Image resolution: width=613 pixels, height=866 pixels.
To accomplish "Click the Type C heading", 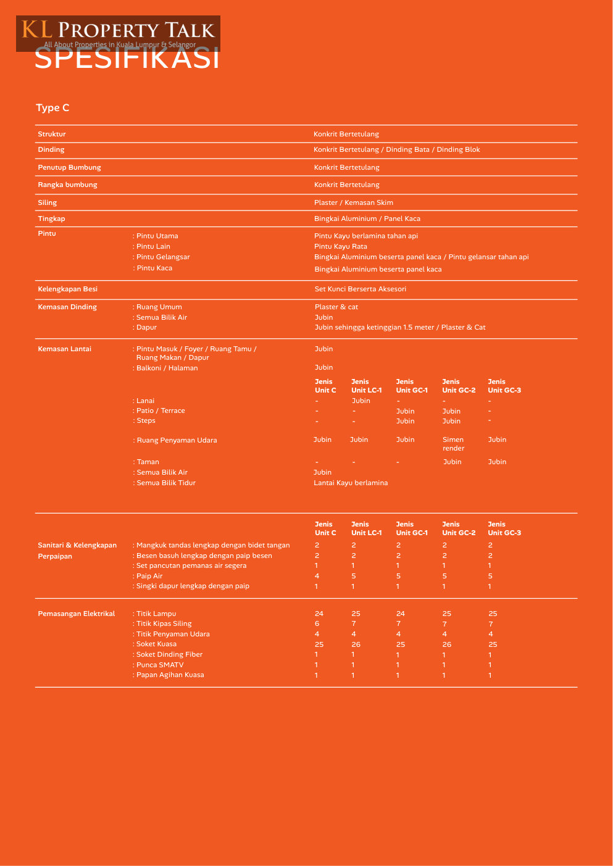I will point(52,107).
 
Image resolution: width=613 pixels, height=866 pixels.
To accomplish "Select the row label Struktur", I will point(52,134).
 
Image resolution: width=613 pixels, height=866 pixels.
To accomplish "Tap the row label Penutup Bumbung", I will point(69,167).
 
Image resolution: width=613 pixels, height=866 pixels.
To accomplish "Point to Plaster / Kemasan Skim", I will point(353,202).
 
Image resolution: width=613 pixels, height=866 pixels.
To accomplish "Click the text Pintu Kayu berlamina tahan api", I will point(365,236).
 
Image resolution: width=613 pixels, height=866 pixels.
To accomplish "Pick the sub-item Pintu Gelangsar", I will point(163,257).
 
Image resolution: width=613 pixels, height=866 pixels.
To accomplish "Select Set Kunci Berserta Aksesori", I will point(360,289).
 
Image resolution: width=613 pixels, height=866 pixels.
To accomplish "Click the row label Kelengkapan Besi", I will point(67,289).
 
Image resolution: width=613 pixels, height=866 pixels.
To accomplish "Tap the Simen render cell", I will point(453,444).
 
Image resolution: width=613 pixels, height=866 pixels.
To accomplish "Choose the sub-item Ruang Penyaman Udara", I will point(177,440).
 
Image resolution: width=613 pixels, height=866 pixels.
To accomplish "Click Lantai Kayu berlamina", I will point(351,483).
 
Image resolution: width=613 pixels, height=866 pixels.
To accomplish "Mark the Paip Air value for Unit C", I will point(317,576).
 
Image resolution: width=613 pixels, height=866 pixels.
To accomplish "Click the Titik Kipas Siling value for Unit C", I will point(317,623).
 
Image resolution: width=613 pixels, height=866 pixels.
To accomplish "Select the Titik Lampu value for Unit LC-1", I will point(356,614).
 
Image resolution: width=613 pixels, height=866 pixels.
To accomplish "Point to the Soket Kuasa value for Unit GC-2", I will point(447,644).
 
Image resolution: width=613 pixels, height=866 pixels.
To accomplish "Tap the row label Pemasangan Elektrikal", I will point(77,614).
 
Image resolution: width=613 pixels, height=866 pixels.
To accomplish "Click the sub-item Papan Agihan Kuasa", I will point(170,675).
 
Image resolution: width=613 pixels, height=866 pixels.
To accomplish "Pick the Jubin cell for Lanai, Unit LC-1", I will point(361,401).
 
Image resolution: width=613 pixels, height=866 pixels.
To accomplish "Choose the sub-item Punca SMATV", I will point(160,665).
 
